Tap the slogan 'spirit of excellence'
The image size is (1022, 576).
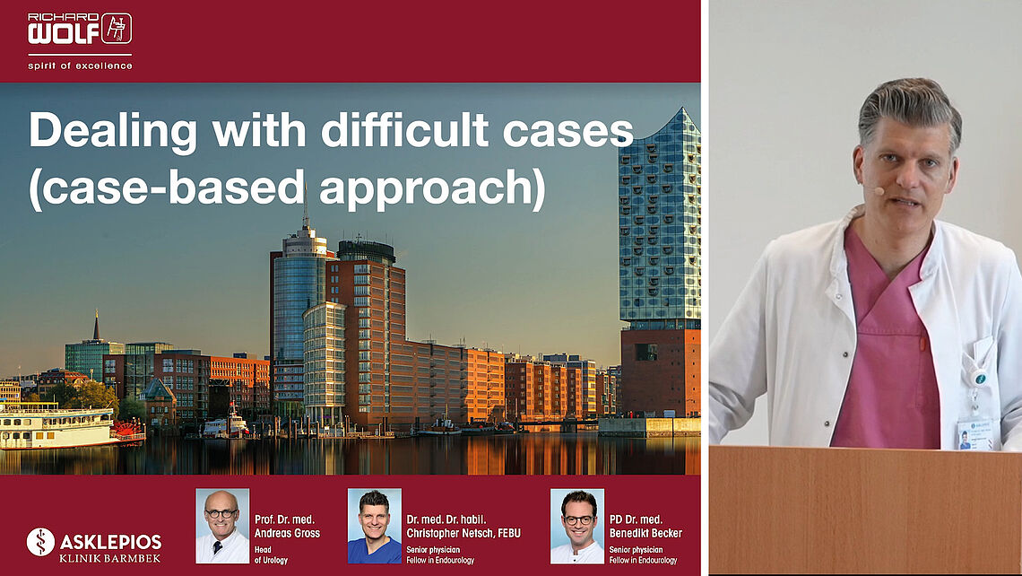point(80,65)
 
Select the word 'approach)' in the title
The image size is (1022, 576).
point(431,188)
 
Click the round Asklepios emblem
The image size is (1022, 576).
point(40,542)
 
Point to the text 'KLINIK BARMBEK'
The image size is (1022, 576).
point(110,558)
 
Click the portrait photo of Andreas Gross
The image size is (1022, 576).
point(222,526)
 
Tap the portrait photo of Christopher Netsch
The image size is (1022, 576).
point(374,526)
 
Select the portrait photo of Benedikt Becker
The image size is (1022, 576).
point(576,526)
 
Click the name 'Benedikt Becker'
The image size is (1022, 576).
point(645,534)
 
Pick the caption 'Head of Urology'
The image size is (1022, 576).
point(271,555)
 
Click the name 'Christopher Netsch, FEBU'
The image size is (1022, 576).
point(463,534)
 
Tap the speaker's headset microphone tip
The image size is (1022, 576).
point(879,191)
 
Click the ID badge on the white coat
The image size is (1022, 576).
point(974,433)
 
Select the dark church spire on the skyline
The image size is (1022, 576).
point(97,326)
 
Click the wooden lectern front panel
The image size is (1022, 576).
point(866,511)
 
